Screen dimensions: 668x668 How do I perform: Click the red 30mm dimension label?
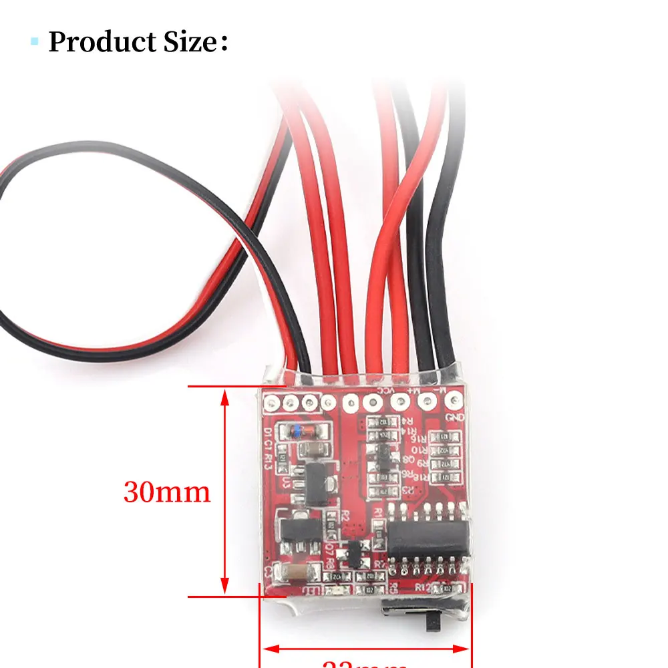[167, 492]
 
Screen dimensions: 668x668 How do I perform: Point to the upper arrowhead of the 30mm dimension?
[225, 397]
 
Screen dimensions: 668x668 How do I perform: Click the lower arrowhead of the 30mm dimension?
[225, 585]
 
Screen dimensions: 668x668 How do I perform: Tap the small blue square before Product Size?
[35, 42]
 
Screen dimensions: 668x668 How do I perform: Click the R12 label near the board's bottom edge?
[422, 587]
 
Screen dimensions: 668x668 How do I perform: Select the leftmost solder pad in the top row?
[271, 403]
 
